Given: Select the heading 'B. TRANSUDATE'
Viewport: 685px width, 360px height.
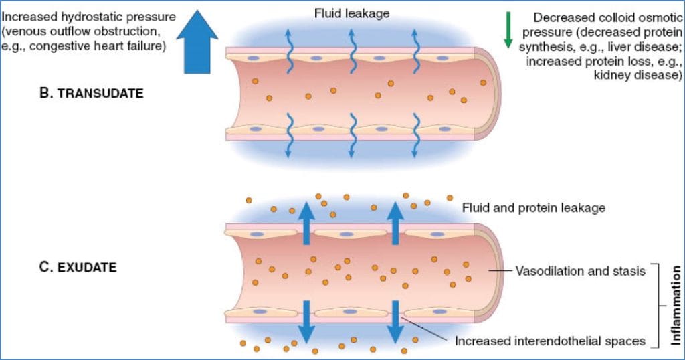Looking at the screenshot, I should click(x=92, y=94).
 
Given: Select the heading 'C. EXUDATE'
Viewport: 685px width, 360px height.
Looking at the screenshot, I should click(x=78, y=268).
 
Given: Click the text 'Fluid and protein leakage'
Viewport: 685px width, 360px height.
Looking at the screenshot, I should click(x=533, y=208).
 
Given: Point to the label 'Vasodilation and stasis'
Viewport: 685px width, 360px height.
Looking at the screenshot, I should click(x=580, y=271).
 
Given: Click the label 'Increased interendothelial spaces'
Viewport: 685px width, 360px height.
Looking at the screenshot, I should click(x=550, y=341).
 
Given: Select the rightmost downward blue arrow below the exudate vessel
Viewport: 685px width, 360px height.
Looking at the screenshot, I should click(x=396, y=320).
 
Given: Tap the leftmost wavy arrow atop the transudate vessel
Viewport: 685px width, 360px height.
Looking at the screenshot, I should click(x=290, y=51).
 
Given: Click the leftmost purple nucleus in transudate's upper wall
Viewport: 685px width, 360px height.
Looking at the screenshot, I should click(x=255, y=58).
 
